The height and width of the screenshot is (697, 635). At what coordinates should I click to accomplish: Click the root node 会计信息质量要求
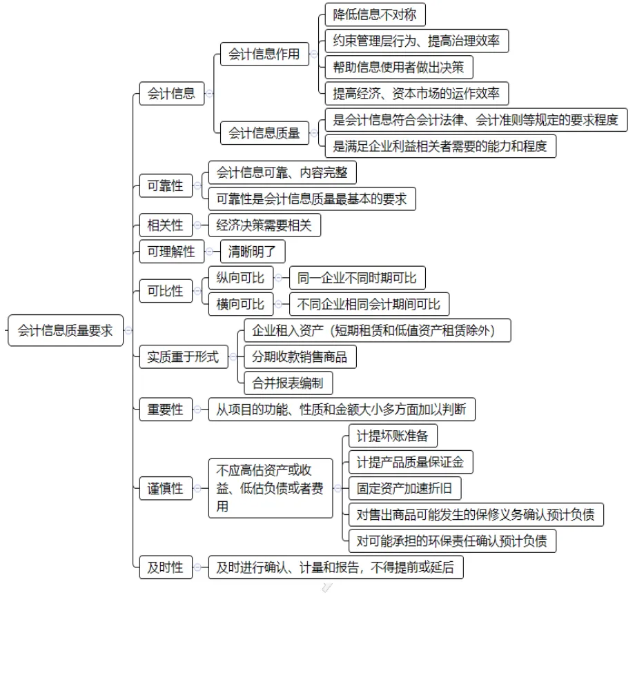pos(66,330)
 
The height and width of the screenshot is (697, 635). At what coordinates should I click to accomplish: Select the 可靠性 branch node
pos(166,185)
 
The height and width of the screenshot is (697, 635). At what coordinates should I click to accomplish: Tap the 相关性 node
pos(166,225)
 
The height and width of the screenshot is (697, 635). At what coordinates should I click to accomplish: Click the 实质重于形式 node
pos(183,356)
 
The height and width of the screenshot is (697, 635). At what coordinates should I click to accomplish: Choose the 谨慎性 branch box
pos(166,488)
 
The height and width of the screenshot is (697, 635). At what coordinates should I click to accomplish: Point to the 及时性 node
pos(166,567)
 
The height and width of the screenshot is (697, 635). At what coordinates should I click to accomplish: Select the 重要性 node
pos(166,410)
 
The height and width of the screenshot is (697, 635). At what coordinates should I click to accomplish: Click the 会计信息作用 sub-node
pos(264,54)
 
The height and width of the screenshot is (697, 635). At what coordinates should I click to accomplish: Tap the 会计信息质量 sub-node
pos(264,133)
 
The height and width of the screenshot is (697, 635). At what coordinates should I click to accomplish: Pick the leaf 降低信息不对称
pos(375,14)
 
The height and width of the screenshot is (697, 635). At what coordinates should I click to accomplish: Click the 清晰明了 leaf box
pos(252,252)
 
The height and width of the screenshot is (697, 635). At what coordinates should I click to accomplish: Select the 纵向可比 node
pos(240,278)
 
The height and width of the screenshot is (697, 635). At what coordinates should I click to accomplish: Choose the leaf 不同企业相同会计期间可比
pos(369,304)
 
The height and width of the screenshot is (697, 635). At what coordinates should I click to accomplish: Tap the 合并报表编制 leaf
pos(288,383)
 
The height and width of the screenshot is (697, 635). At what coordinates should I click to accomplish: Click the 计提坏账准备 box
pos(393,436)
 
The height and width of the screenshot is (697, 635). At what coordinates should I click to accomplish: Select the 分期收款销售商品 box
pos(300,356)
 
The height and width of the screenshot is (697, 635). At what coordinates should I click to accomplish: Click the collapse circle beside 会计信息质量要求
pos(128,330)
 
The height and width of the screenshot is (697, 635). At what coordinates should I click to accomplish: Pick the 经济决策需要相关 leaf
pos(264,225)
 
